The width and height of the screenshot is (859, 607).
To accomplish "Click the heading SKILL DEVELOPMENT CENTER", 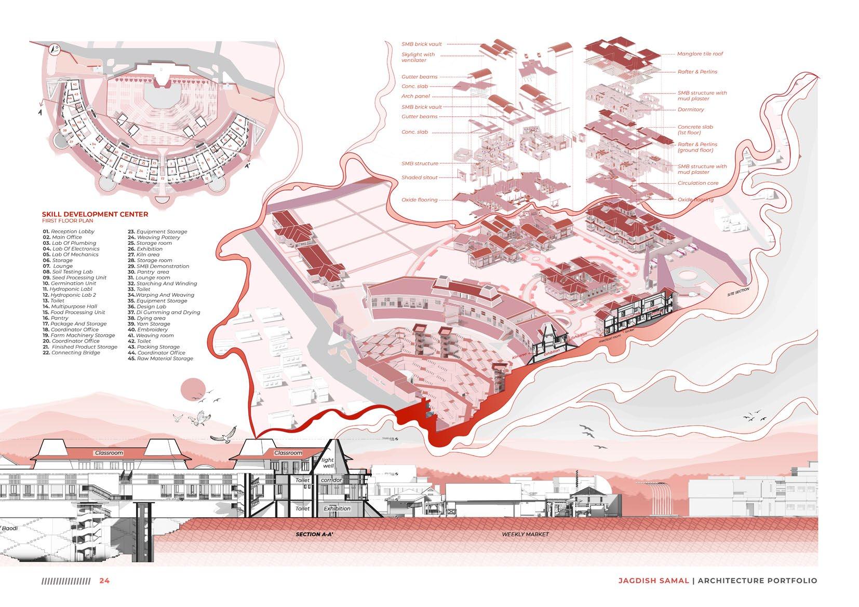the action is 96,214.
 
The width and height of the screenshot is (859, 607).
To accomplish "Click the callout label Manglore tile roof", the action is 700,54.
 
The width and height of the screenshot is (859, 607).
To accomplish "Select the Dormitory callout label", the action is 690,109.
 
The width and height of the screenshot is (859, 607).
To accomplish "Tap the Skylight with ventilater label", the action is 418,57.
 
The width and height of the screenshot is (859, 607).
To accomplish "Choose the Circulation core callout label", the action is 698,183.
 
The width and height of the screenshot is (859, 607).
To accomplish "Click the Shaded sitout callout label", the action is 419,177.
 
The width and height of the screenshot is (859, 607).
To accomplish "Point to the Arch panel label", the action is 414,96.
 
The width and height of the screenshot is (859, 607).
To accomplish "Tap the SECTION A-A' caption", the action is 314,534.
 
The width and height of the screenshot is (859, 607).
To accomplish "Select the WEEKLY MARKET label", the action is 525,534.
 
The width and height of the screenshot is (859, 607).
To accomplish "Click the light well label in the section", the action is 328,463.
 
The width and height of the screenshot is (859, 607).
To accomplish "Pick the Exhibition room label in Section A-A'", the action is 337,508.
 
